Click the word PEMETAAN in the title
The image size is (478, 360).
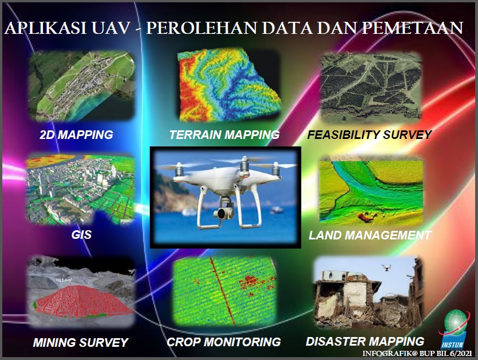(413, 28)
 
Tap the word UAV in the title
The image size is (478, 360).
(110, 28)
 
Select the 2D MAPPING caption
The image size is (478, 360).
(76, 134)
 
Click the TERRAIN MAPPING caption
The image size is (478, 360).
(224, 134)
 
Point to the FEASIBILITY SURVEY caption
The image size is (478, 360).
(370, 134)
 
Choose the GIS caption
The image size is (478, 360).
(81, 235)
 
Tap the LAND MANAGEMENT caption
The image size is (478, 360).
(370, 235)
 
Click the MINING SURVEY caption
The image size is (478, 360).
(80, 342)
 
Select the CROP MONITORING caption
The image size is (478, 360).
(224, 342)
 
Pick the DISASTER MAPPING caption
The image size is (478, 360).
(365, 342)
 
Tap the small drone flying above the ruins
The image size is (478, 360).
(387, 268)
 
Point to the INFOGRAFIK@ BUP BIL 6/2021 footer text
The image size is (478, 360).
(417, 354)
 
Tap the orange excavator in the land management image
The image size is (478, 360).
(367, 217)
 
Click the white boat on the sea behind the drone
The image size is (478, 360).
(276, 210)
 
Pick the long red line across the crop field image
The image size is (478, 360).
(221, 290)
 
